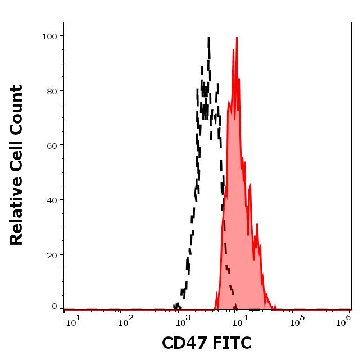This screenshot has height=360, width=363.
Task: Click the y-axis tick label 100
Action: (x=49, y=37)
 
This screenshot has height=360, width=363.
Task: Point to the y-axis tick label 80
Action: (x=52, y=91)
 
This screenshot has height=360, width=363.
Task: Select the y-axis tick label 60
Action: (x=52, y=145)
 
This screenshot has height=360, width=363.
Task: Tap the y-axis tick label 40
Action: (x=52, y=200)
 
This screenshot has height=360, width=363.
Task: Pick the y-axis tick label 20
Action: (x=52, y=255)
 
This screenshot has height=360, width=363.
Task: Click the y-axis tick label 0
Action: (x=55, y=307)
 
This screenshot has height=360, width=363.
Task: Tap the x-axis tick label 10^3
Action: (x=183, y=320)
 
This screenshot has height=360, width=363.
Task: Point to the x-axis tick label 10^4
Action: (x=239, y=320)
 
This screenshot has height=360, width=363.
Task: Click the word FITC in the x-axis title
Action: (x=229, y=343)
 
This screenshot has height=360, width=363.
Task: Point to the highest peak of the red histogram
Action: (x=237, y=38)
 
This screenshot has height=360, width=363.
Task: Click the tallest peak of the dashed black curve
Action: (x=208, y=38)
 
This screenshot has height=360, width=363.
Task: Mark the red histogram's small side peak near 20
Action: (x=257, y=224)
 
